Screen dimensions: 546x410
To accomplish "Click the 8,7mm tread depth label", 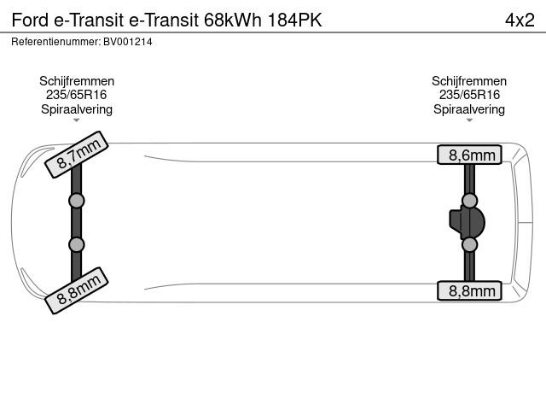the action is pos(77,155).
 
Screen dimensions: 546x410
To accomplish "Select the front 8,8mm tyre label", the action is pos(77,290).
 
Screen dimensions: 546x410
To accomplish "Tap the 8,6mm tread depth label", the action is pos(469,155).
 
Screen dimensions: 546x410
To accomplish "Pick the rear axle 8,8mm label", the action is pos(469,290).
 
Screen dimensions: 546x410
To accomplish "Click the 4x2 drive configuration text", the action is pos(520,20).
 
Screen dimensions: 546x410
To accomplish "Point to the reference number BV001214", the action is pos(128,42).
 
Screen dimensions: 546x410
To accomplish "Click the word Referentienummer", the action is pos(55,42).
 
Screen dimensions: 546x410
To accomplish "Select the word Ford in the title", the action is pos(30,20).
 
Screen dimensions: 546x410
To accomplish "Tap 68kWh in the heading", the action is pos(233,20).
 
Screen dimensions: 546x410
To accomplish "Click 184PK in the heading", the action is pos(294,20).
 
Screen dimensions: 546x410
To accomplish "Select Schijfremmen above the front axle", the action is pos(77,81).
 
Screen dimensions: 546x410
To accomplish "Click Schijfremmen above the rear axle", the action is pos(469,81).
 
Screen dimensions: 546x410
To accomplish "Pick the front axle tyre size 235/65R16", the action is pos(76,95).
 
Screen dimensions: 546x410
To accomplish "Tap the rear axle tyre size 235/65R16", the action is pos(469,95).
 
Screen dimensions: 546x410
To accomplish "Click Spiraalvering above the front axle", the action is pos(77,109).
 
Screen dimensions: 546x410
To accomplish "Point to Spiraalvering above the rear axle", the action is pos(469,109).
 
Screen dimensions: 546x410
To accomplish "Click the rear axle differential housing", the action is pos(467,222).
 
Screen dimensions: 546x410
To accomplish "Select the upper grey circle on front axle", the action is pos(76,201).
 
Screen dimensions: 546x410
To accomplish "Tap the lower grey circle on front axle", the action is pos(76,244).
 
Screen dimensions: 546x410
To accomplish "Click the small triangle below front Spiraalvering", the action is pos(77,120).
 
